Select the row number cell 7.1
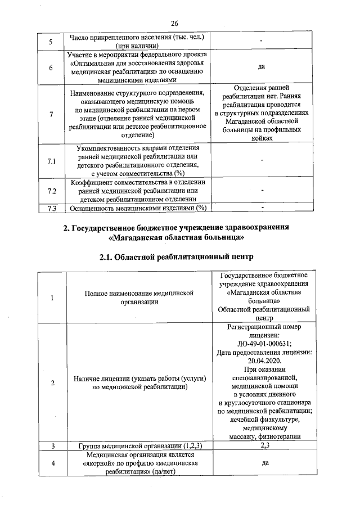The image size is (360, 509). coord(52,161)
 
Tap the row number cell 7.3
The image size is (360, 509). coord(52,208)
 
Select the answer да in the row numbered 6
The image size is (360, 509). coord(262,66)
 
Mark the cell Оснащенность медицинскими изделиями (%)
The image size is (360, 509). coord(138,208)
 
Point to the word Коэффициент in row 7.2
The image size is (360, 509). coord(92,182)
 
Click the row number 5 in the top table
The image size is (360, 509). coord(52,42)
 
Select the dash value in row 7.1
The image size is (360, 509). coord(262,161)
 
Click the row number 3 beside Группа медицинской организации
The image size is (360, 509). coord(52,445)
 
